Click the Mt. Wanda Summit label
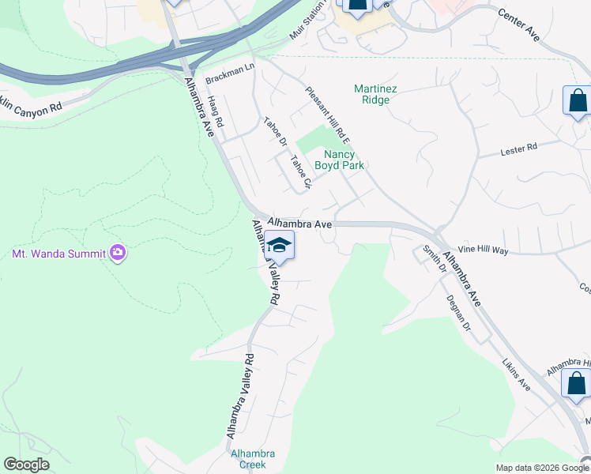(59, 254)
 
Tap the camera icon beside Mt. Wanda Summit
(119, 253)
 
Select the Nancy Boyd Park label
(339, 160)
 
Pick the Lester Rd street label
(519, 148)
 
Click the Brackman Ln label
(229, 74)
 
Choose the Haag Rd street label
(215, 112)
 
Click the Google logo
(27, 465)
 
